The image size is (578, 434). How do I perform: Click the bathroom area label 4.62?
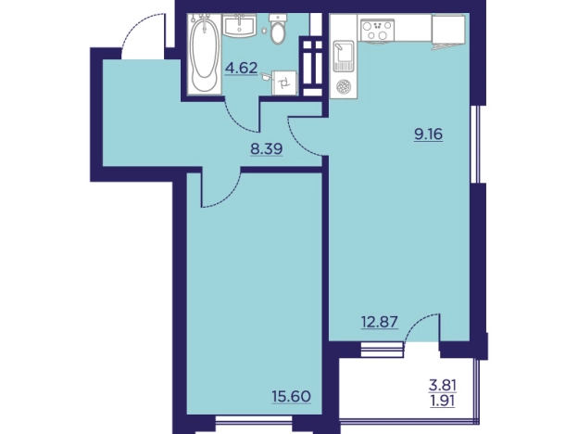coord(242,69)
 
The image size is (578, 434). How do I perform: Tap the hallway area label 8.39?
coord(266,149)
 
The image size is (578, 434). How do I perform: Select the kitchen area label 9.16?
coord(428,134)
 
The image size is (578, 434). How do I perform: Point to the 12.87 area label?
coord(380,322)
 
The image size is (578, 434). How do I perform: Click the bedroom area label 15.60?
coord(292,397)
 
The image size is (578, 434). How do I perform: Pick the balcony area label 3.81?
coord(443,386)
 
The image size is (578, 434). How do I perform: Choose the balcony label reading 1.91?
coord(443,401)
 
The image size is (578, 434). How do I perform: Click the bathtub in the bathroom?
coord(204,53)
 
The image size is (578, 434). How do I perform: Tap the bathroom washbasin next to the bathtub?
coord(239,25)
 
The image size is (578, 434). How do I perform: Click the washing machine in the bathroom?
coord(283,83)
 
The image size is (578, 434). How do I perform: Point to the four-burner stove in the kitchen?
coord(378,30)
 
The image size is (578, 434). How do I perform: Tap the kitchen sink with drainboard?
coord(343,56)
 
